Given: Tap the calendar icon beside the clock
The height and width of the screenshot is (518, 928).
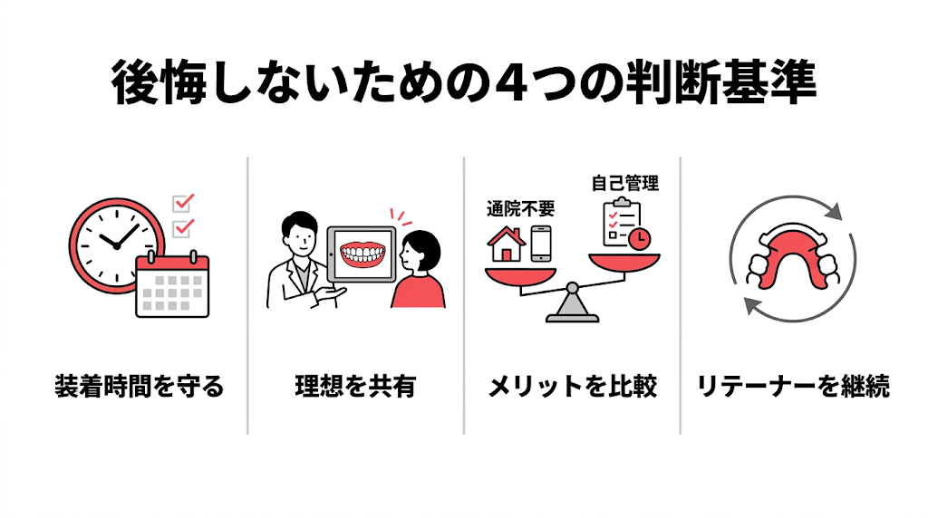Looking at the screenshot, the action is (172, 285).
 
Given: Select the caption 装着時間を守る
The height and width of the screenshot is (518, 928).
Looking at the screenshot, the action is (138, 388).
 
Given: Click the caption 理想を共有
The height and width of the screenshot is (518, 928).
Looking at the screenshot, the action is (355, 388).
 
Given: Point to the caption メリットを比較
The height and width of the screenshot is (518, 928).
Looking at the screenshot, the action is (572, 388).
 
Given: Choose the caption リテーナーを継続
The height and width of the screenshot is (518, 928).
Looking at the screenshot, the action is (793, 388).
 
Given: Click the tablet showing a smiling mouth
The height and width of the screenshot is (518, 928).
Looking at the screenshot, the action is (362, 254).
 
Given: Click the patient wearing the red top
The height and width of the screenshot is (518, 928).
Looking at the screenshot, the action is (419, 272).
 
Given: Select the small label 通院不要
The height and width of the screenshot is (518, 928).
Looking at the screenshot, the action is (520, 209).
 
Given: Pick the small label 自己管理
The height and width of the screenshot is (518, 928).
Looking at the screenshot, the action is (624, 183).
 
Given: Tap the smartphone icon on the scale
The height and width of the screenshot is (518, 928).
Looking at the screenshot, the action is (541, 245).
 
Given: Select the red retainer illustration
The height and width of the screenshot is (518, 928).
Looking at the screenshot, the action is (792, 256).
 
